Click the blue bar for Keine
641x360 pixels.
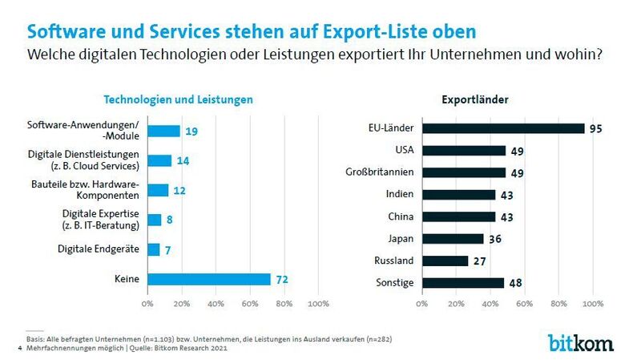click(208, 279)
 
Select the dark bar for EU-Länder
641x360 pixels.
click(503, 128)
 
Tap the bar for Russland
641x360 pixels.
click(445, 261)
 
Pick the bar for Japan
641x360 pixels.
click(453, 238)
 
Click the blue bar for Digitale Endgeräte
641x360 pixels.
click(153, 249)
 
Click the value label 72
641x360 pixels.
click(281, 279)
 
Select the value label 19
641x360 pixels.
click(191, 131)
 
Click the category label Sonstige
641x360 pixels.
click(396, 282)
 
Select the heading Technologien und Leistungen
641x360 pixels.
click(179, 100)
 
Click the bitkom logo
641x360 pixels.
click(580, 342)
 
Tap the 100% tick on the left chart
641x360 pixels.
click(318, 304)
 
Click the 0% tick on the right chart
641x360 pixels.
click(422, 304)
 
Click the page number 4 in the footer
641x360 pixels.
click(19, 348)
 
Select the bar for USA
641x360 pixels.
click(464, 150)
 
